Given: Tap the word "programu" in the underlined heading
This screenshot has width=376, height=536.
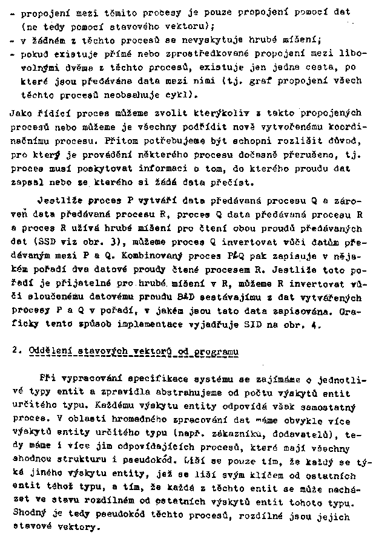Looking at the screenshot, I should coord(216,351).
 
